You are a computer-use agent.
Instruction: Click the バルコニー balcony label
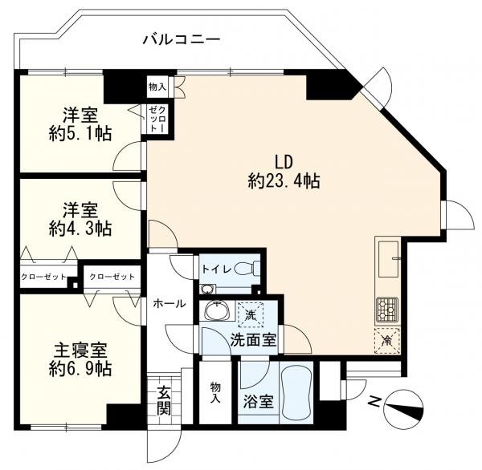[x=182, y=40]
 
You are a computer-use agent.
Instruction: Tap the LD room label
[x=283, y=162]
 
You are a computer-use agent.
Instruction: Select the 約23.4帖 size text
[x=284, y=180]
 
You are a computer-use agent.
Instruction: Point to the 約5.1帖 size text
[x=80, y=133]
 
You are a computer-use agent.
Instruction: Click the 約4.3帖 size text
[x=80, y=229]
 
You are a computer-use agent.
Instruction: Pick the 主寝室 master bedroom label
[x=80, y=350]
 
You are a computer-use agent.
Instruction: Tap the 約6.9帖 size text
[x=80, y=369]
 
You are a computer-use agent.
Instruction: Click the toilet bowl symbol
[x=247, y=269]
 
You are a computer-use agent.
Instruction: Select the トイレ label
[x=216, y=269]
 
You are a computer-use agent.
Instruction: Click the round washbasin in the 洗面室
[x=217, y=310]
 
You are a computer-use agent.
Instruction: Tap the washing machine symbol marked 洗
[x=251, y=314]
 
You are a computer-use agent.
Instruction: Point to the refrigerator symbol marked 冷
[x=387, y=340]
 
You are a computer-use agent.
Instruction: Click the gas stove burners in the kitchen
[x=387, y=310]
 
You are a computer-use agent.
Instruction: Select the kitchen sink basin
[x=388, y=259]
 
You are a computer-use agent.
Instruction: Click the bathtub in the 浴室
[x=296, y=389]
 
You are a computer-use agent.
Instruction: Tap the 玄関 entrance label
[x=164, y=400]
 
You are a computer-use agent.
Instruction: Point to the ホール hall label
[x=169, y=304]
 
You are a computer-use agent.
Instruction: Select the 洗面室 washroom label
[x=253, y=340]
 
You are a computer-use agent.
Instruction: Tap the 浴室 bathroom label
[x=258, y=401]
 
